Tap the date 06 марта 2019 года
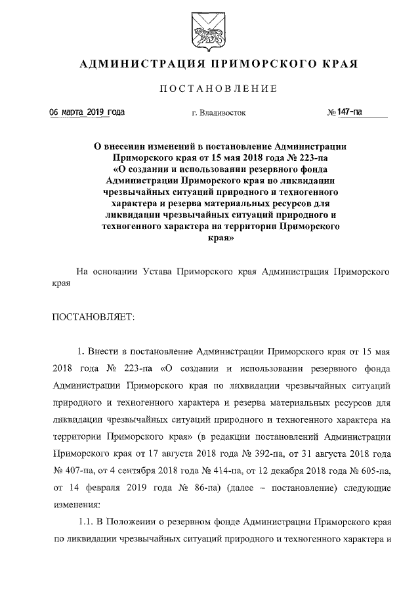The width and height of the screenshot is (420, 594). click(x=87, y=112)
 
